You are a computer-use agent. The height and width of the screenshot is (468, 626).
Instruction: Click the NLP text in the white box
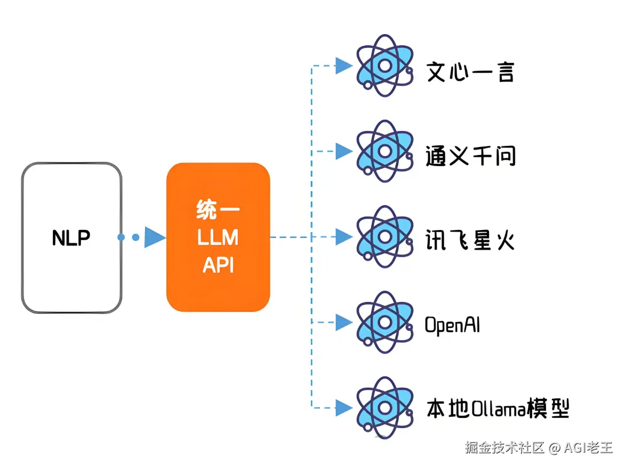[71, 238]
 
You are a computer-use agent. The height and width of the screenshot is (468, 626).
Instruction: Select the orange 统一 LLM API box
[218, 237]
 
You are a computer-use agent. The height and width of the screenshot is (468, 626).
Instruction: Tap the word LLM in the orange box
[218, 237]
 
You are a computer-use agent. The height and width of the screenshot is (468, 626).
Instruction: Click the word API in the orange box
[218, 265]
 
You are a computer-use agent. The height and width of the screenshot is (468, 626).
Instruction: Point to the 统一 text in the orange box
[218, 210]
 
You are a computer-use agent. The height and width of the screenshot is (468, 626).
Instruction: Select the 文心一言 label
[470, 72]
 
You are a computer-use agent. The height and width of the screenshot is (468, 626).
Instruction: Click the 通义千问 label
[470, 156]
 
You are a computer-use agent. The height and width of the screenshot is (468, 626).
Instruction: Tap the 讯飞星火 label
[470, 240]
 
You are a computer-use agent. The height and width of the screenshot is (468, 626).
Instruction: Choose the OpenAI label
[452, 325]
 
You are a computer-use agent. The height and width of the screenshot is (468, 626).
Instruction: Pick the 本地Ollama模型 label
[498, 408]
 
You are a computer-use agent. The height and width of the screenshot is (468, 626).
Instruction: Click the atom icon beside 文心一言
[385, 66]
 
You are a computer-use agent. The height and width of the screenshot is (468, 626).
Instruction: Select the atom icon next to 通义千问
[385, 152]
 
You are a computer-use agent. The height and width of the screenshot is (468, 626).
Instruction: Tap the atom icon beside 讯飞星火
[385, 237]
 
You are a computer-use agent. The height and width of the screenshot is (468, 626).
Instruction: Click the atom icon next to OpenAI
[385, 322]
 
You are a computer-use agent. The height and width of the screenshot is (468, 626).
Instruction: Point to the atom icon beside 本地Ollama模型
[385, 408]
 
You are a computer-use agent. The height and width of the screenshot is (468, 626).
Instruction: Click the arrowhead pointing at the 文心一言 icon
[344, 66]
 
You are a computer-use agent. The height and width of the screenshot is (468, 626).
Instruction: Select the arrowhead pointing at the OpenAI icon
[344, 322]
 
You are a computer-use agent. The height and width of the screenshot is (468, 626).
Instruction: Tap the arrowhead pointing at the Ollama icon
[344, 408]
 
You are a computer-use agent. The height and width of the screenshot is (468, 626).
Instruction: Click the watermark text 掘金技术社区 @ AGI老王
[539, 448]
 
